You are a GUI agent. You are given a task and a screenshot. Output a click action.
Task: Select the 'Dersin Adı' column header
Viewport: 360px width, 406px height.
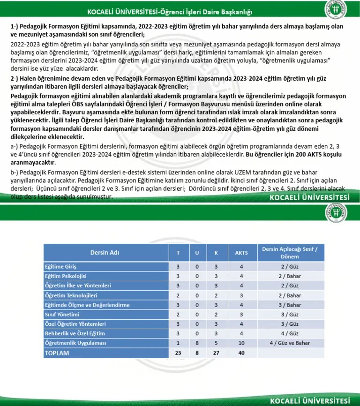[105, 252]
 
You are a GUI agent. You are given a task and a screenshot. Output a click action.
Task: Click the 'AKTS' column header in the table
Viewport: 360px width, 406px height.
[241, 252]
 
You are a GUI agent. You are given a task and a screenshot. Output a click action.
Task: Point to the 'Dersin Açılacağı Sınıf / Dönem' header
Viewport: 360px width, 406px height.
[289, 252]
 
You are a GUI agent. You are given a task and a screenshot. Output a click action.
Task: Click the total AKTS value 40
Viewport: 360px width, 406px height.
[241, 353]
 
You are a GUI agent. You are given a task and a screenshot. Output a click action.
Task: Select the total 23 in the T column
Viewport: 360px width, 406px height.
[178, 353]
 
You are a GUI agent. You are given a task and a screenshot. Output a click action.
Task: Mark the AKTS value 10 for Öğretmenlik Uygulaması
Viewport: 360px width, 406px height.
[241, 343]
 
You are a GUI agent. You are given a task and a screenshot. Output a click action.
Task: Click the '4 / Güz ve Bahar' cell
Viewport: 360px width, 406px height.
[289, 343]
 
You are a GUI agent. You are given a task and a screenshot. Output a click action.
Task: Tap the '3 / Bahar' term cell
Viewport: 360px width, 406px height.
[289, 305]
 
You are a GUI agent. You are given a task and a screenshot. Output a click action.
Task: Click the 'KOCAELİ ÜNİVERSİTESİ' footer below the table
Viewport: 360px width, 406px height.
[310, 400]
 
